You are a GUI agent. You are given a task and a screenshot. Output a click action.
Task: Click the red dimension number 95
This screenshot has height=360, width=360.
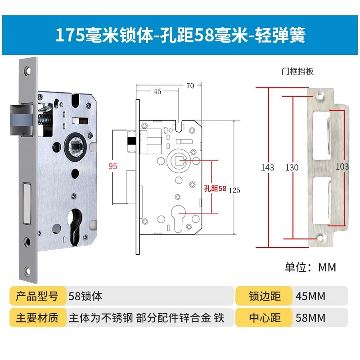(112, 166)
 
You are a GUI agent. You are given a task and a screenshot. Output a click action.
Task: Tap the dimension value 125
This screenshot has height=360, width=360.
(234, 190)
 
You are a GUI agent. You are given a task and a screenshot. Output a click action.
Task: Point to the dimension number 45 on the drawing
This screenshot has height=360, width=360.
(157, 92)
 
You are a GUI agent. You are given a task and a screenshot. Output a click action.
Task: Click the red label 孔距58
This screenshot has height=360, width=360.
(215, 189)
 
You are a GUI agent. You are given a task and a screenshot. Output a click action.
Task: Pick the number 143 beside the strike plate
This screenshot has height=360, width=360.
(267, 167)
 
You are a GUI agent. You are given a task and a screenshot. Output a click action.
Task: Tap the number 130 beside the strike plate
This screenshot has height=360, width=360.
(292, 167)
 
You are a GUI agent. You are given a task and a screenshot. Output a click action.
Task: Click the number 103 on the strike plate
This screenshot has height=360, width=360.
(342, 166)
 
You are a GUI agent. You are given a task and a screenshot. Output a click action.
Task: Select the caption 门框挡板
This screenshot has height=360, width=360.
(297, 72)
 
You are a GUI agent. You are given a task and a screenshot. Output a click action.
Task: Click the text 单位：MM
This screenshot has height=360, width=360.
(310, 267)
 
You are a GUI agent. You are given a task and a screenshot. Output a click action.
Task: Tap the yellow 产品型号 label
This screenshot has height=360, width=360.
(37, 296)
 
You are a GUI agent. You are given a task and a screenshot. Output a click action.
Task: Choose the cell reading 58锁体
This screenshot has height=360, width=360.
(85, 296)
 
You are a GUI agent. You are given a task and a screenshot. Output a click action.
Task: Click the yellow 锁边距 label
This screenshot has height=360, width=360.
(265, 296)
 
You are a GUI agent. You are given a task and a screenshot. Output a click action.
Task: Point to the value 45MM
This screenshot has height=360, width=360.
(310, 296)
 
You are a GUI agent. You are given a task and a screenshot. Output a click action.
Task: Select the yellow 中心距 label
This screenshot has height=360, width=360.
(265, 318)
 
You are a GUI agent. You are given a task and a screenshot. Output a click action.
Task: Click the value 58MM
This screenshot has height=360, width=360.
(310, 318)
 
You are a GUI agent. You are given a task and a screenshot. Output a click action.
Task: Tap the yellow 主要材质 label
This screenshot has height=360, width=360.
(37, 318)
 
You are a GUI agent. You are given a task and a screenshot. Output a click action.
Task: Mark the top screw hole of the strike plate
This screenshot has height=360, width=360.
(322, 96)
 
